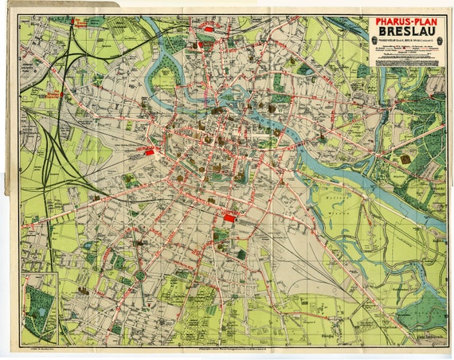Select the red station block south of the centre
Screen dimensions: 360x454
click(x=229, y=216)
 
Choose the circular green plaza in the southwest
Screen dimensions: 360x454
click(x=140, y=276)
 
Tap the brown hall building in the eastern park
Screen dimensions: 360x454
click(x=405, y=159)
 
